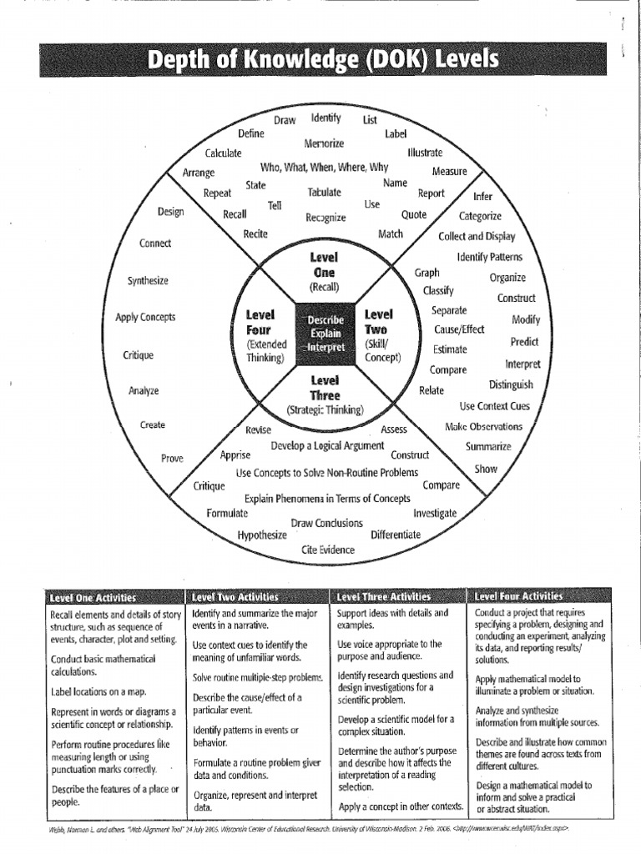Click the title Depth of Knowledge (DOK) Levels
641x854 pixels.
(x=323, y=61)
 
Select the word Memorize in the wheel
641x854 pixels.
(x=324, y=143)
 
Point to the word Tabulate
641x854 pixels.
(x=324, y=192)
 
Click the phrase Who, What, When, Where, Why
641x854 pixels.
(x=324, y=167)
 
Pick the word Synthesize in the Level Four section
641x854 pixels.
(x=148, y=280)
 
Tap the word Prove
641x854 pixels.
(x=172, y=458)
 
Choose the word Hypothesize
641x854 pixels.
(x=262, y=535)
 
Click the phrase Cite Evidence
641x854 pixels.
(x=328, y=550)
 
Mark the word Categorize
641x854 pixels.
(x=479, y=216)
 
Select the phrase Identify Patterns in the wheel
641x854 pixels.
(x=488, y=257)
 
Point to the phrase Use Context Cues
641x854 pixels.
(x=495, y=406)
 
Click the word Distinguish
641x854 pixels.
(x=511, y=384)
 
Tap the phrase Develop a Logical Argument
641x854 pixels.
(x=327, y=446)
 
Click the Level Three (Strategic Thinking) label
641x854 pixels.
(x=325, y=394)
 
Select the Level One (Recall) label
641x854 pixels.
(x=324, y=272)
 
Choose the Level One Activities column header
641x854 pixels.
(x=93, y=597)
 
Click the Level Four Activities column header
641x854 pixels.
(x=518, y=596)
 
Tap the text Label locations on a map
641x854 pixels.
(x=98, y=691)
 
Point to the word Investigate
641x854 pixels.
(x=435, y=513)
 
